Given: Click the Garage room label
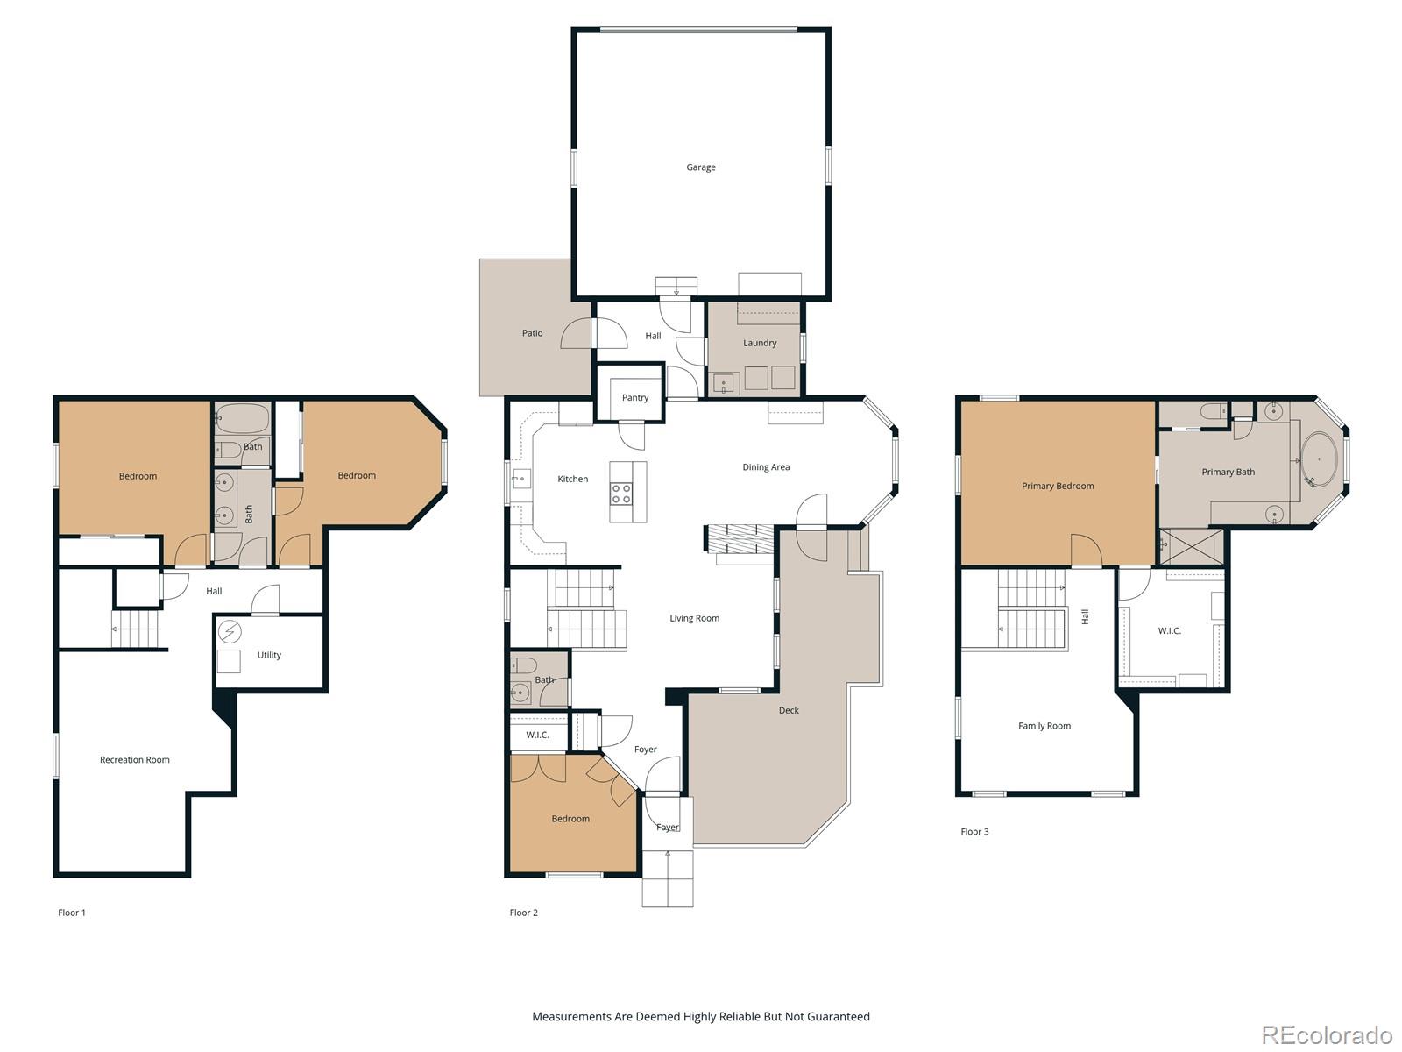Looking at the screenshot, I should (700, 167).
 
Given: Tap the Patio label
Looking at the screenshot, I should (532, 333).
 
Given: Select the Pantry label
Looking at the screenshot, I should (635, 398).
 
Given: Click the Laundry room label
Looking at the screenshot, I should (760, 344).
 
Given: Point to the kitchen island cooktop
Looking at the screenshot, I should (621, 494).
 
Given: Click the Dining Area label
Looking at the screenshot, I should (766, 467).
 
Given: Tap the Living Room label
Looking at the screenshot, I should (694, 619).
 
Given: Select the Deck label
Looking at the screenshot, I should (789, 711).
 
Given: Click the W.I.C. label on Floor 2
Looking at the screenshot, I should (537, 736).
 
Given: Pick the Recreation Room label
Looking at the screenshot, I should (134, 760).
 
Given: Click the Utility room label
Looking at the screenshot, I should (269, 656).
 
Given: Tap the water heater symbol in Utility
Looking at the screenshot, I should (230, 631).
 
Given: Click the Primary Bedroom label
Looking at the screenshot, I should (1057, 487).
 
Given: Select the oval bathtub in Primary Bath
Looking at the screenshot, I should (1319, 459).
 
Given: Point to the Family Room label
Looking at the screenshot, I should (1044, 726).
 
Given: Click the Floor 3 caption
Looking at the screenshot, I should (974, 832).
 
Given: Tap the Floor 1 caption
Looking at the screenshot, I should (72, 913).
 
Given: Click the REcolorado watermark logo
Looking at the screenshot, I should (1327, 1035).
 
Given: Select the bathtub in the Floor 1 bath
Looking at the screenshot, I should (243, 418).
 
